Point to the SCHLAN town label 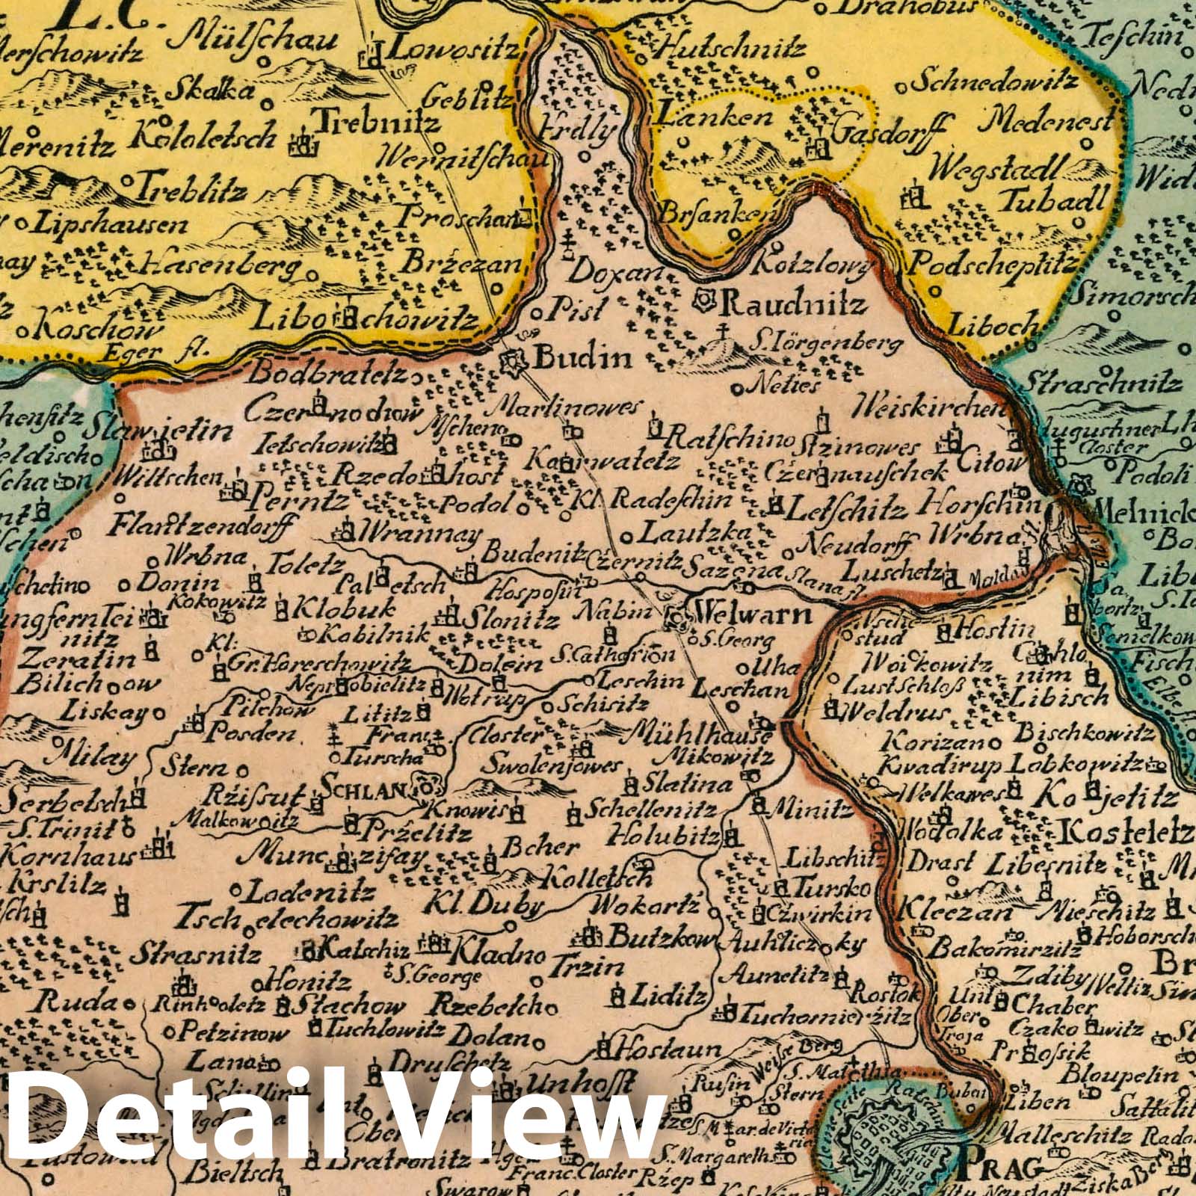(x=363, y=786)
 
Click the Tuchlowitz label (x=384, y=1030)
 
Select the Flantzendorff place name (x=200, y=528)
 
